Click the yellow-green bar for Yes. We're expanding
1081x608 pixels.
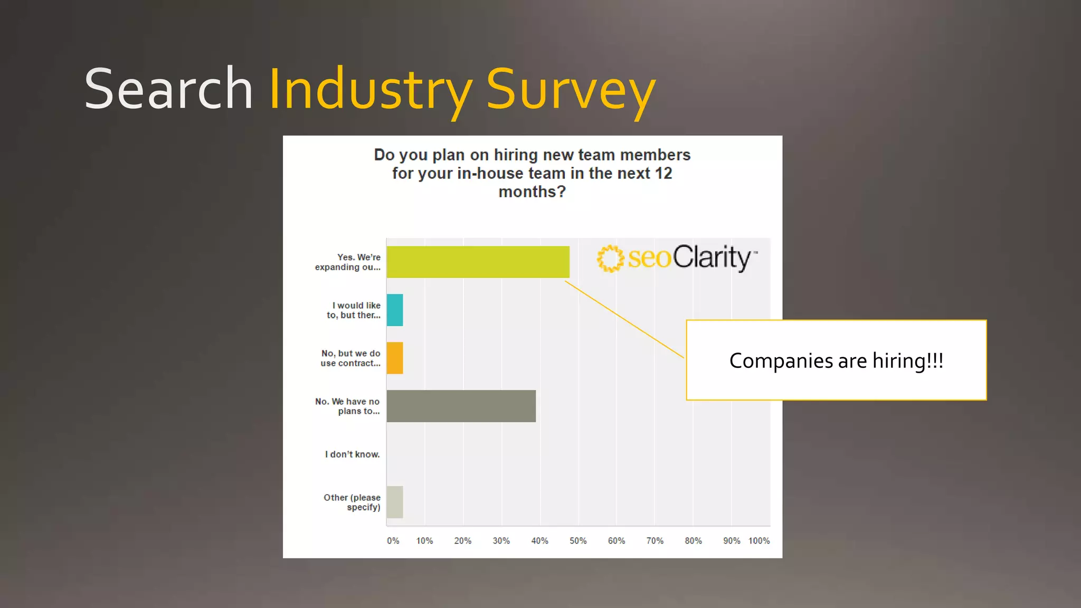pyautogui.click(x=478, y=262)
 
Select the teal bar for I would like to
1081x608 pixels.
pyautogui.click(x=395, y=310)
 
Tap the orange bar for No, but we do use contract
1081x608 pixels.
pyautogui.click(x=395, y=358)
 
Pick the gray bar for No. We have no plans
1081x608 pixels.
pyautogui.click(x=461, y=406)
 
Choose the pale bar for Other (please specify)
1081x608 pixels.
pyautogui.click(x=395, y=502)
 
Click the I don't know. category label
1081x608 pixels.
pyautogui.click(x=352, y=454)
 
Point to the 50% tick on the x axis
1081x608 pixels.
pyautogui.click(x=578, y=541)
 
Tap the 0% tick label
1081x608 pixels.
pyautogui.click(x=393, y=541)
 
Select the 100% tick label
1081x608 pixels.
pyautogui.click(x=758, y=541)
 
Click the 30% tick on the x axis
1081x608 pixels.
pyautogui.click(x=501, y=541)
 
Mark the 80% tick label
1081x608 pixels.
pyautogui.click(x=693, y=541)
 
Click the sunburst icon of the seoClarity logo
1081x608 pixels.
pyautogui.click(x=610, y=259)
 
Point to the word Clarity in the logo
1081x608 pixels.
pyautogui.click(x=712, y=258)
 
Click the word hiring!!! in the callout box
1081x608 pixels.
pyautogui.click(x=907, y=361)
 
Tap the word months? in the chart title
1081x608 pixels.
pyautogui.click(x=532, y=192)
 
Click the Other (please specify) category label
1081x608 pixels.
pyautogui.click(x=352, y=502)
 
